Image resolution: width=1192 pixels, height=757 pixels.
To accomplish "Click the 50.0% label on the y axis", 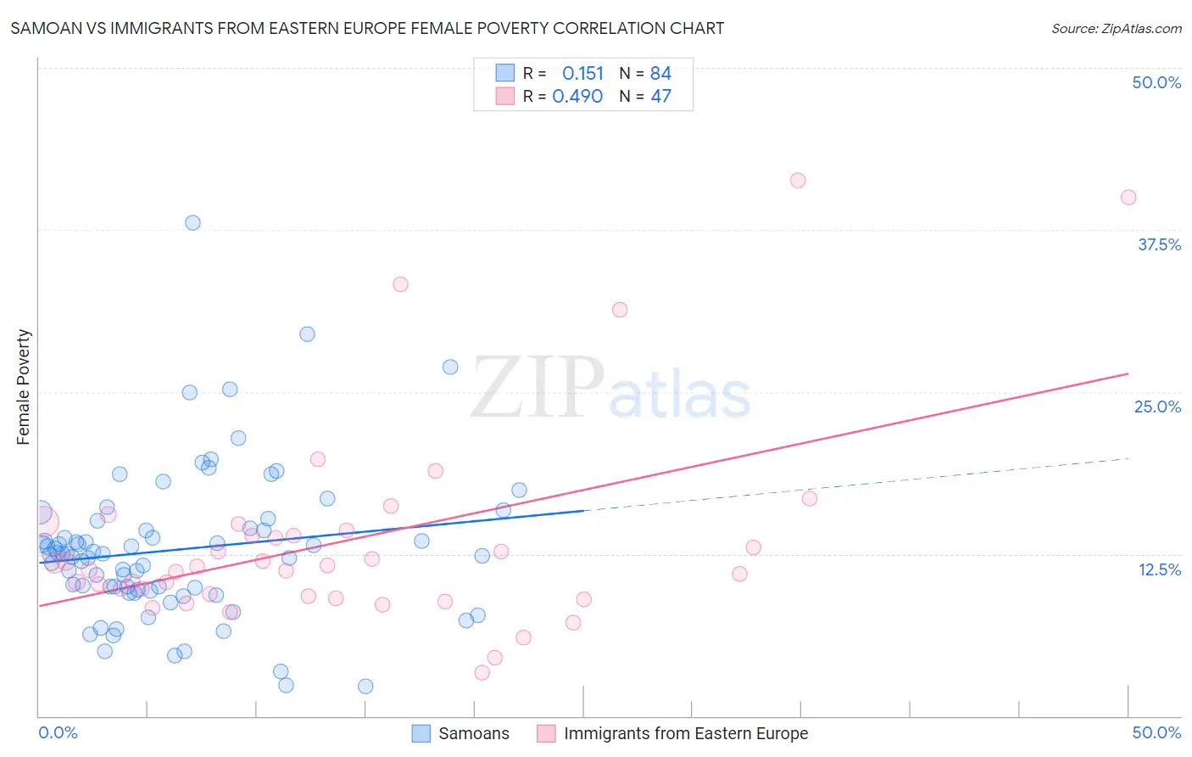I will pos(1156,82).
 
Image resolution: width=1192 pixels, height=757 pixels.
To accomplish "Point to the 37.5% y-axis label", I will pos(1159,244).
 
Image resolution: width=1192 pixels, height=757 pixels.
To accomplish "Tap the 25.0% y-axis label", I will pos(1157,407).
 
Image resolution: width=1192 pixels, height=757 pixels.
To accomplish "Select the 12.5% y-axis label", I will pos(1159,569).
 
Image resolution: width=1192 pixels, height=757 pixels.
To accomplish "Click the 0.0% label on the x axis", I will pos(58,732).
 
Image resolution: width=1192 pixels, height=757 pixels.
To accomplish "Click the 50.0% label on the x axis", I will pos(1156,732).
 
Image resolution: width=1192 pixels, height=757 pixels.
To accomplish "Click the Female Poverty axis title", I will pos(24,387).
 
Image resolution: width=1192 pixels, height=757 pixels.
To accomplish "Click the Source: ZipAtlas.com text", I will pos(1116,28).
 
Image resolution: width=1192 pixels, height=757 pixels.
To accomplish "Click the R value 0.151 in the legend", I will pos(582,73).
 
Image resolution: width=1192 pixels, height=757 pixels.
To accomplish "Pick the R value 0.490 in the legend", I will pos(577,96).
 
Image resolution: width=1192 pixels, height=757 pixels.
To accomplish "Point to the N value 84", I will pos(660,73).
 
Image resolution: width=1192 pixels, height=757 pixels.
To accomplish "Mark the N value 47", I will pos(660,96).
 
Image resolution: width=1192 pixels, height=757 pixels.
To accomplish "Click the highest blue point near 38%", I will pos(192,222).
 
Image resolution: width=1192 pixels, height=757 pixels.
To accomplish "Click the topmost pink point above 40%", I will pos(798,180).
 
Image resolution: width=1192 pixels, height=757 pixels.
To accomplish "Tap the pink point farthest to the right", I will pos(1128,197).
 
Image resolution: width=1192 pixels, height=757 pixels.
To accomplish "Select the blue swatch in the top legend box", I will pos(505,73).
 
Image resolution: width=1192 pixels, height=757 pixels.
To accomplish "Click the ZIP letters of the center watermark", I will pos(538,387).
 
